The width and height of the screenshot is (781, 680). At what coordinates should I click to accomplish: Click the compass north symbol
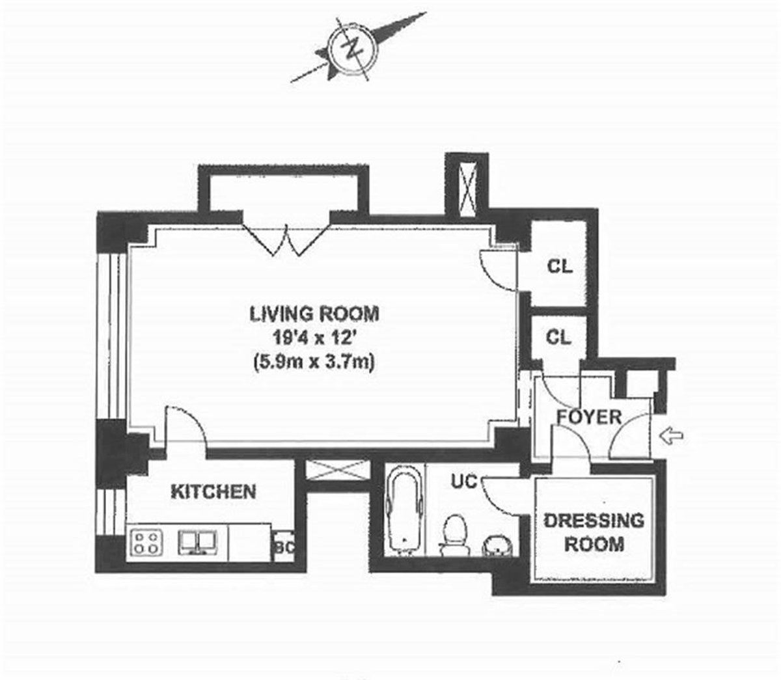353,51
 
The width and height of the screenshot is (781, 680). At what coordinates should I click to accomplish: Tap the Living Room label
314,314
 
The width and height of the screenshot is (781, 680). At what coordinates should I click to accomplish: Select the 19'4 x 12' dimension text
314,337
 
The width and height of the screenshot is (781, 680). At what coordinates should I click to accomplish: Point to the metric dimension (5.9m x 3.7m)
314,361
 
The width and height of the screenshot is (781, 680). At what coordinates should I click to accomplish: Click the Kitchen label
213,491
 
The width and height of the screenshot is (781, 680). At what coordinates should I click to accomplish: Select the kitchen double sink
198,542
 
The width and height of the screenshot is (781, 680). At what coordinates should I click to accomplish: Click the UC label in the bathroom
464,482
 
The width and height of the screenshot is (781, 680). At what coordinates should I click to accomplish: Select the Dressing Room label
594,532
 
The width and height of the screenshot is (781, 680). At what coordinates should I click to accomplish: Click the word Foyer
589,417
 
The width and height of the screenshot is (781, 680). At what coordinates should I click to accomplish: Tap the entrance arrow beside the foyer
672,436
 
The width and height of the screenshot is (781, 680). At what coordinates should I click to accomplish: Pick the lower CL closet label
558,337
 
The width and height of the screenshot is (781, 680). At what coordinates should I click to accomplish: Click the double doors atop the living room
286,239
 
